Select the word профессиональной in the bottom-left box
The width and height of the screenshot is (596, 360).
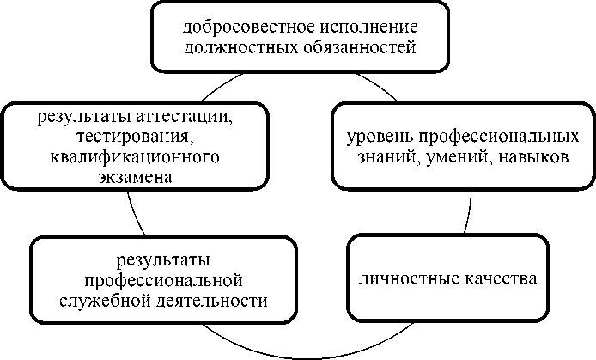click(x=163, y=280)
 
